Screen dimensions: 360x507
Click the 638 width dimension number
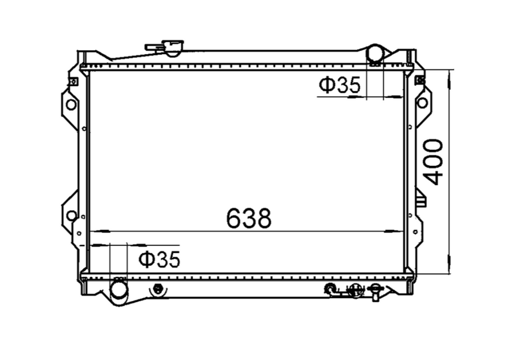point(249,218)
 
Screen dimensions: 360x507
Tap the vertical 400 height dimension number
point(433,162)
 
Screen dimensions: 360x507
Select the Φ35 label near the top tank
point(340,85)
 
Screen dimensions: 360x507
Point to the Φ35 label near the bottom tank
point(159,259)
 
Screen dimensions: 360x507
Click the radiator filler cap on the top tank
point(167,47)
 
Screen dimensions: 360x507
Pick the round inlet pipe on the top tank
point(375,54)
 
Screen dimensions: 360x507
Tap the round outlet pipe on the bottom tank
point(118,290)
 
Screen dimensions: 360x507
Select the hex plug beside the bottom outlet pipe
point(157,289)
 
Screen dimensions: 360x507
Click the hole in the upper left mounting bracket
point(71,105)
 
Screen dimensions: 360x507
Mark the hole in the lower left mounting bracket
point(71,215)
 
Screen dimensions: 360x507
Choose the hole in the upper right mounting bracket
point(422,103)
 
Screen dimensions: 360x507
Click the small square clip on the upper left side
point(73,81)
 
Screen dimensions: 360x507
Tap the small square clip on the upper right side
point(419,80)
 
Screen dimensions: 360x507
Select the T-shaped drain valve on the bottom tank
point(376,291)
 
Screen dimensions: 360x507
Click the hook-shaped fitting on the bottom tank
point(331,290)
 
